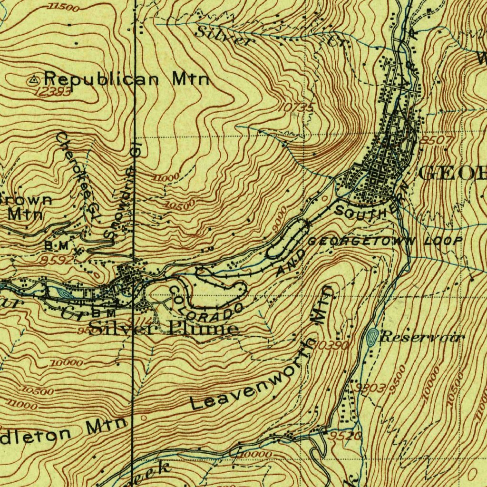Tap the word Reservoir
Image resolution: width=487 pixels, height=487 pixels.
coord(421,338)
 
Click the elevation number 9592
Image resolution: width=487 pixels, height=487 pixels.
coord(57,260)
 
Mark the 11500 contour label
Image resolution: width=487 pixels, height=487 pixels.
coord(63,7)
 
